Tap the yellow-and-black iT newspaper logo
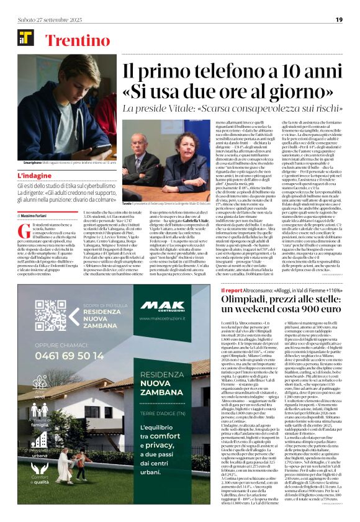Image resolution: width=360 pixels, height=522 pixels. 26,38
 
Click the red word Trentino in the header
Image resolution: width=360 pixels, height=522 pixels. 73,42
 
